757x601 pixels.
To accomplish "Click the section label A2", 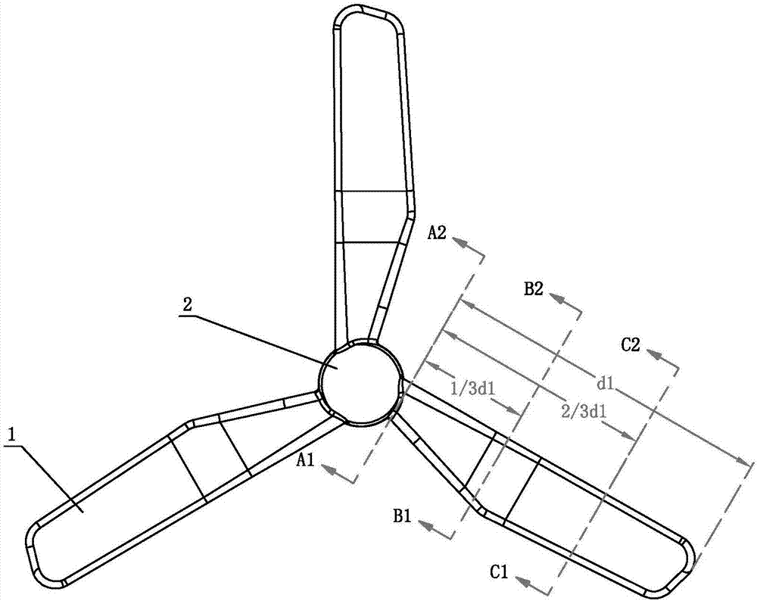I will [x=438, y=232].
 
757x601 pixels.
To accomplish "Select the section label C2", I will [x=631, y=345].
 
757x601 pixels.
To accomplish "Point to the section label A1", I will [x=307, y=459].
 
